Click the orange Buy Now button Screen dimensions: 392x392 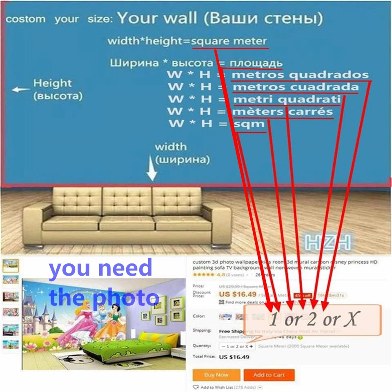click(216, 375)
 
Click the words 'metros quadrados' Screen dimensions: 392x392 click(300, 75)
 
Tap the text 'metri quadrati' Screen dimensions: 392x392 click(286, 99)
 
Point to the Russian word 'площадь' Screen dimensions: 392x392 click(256, 63)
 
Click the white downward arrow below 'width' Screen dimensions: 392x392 click(152, 171)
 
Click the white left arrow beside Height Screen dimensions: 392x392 click(20, 89)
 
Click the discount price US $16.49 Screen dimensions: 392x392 click(238, 294)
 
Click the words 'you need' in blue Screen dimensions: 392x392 click(100, 268)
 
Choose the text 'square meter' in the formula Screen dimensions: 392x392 click(229, 41)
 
